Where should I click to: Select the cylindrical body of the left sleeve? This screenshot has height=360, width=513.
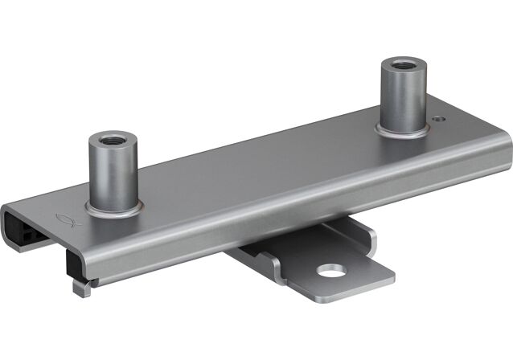[x=112, y=173]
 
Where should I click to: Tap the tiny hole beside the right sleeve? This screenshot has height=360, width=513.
[x=437, y=121]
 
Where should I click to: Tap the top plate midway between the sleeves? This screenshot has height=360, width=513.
[x=257, y=161]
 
